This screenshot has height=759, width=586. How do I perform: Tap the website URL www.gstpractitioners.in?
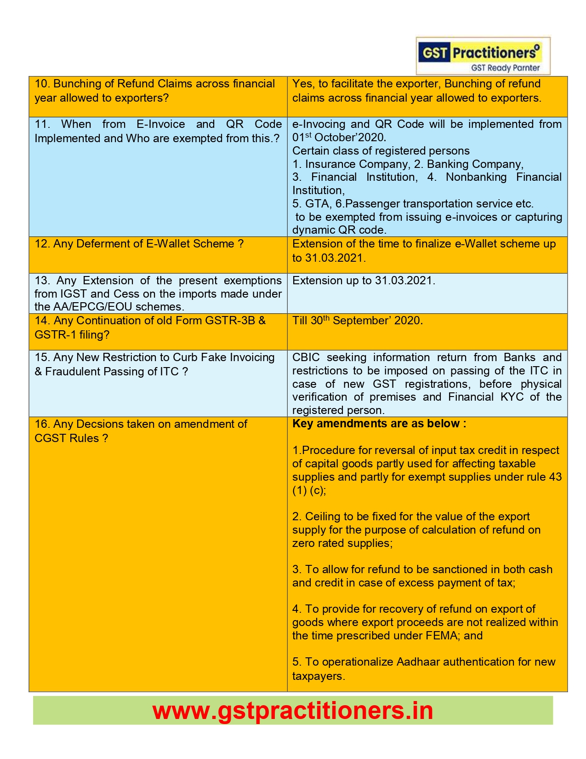(x=293, y=711)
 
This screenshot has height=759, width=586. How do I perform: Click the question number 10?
(x=41, y=84)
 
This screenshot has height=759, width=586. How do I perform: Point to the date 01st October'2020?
(x=339, y=137)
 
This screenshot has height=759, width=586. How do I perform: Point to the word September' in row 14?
(x=362, y=321)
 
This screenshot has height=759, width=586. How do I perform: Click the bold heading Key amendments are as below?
(x=379, y=424)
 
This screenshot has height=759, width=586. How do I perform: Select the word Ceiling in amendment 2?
(x=321, y=517)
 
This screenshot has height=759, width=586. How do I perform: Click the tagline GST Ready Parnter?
(x=505, y=68)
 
